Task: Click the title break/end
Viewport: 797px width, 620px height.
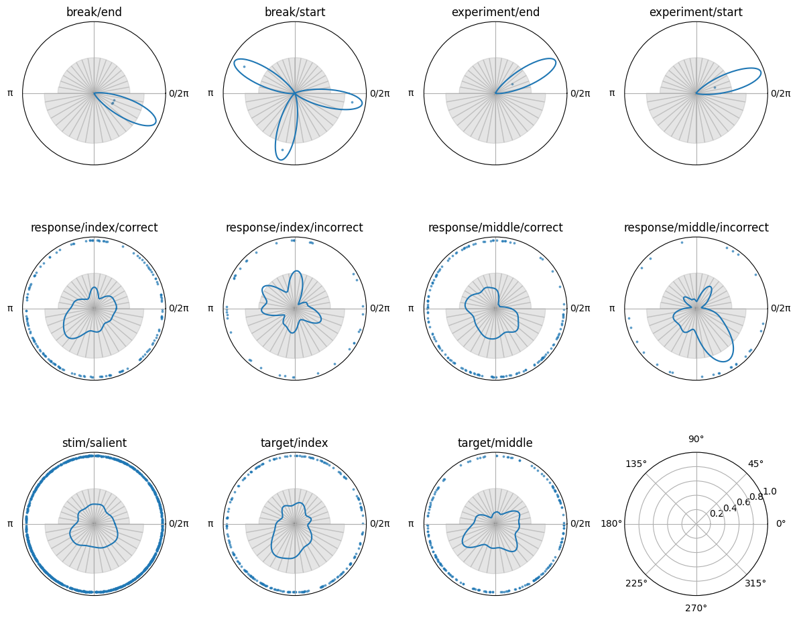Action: click(94, 12)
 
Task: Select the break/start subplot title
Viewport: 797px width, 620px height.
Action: click(294, 12)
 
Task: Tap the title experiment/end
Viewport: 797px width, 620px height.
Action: click(495, 12)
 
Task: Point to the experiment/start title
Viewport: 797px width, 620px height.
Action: click(696, 12)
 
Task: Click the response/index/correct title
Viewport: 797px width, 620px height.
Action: click(94, 227)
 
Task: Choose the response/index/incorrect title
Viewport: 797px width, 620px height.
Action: click(294, 227)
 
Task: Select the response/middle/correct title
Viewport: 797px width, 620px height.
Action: click(495, 227)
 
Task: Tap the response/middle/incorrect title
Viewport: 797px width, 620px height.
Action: click(696, 227)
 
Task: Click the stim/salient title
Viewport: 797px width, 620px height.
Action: click(94, 443)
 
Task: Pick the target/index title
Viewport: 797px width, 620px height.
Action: click(294, 443)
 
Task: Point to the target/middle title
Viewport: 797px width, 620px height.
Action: click(495, 443)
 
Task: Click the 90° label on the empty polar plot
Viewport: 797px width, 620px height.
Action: click(696, 439)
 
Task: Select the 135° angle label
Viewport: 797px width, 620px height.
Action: click(636, 464)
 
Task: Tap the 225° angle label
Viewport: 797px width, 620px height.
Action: click(636, 583)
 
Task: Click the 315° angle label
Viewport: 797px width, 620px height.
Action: click(755, 583)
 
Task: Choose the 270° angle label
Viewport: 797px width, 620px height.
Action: click(696, 608)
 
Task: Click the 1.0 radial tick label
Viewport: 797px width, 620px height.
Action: click(770, 491)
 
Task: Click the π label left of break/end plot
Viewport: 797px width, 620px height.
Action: click(10, 93)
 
